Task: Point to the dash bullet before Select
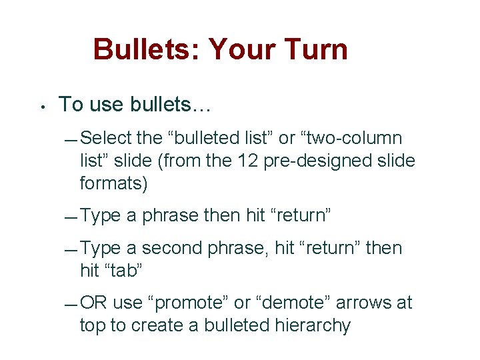pyautogui.click(x=72, y=140)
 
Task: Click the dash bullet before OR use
pyautogui.click(x=72, y=305)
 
